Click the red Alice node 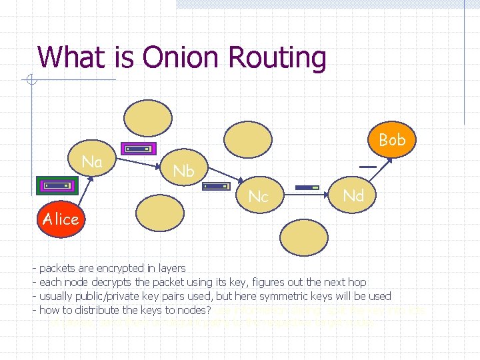pyautogui.click(x=61, y=219)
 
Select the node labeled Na pyautogui.click(x=92, y=162)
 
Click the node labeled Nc pyautogui.click(x=257, y=196)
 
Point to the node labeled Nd pyautogui.click(x=353, y=195)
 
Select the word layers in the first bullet pyautogui.click(x=171, y=268)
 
